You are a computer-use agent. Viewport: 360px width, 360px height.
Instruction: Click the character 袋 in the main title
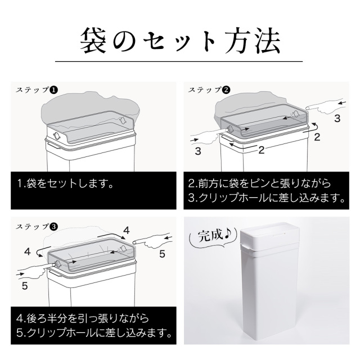[x=93, y=41]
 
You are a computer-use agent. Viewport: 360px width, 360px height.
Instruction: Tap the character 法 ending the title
[x=267, y=41]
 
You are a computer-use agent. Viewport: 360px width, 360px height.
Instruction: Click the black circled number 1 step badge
[x=53, y=90]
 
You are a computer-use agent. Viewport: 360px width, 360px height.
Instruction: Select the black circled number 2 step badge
[x=226, y=90]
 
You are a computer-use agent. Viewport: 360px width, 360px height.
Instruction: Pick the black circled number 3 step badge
[x=53, y=227]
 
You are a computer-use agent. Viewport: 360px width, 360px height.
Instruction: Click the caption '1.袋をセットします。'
[x=65, y=184]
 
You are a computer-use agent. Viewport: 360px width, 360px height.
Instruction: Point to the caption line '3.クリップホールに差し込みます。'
[x=267, y=197]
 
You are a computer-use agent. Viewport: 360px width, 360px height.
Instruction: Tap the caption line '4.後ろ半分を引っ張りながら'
[x=83, y=319]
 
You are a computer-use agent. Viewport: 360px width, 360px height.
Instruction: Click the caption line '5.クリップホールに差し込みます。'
[x=94, y=333]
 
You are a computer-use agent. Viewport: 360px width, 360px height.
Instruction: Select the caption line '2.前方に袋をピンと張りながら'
[x=260, y=184]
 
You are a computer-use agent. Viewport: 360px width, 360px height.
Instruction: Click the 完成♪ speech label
[x=211, y=237]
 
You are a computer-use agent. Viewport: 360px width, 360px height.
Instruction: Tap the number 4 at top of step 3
[x=127, y=230]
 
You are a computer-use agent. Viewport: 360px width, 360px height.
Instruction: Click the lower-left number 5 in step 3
[x=25, y=286]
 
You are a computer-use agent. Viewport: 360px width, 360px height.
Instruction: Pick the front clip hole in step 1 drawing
[x=56, y=136]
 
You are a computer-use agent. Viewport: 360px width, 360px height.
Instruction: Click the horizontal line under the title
[x=179, y=61]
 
